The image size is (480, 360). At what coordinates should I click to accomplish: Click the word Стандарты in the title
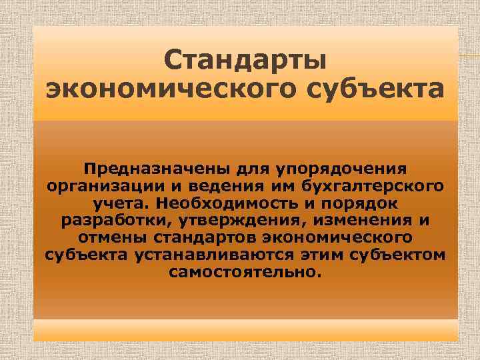coord(245,61)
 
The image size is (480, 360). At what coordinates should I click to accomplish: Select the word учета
coord(119,201)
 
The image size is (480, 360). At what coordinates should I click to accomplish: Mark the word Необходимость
coord(221,201)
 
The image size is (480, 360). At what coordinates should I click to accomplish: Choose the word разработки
coord(109,219)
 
